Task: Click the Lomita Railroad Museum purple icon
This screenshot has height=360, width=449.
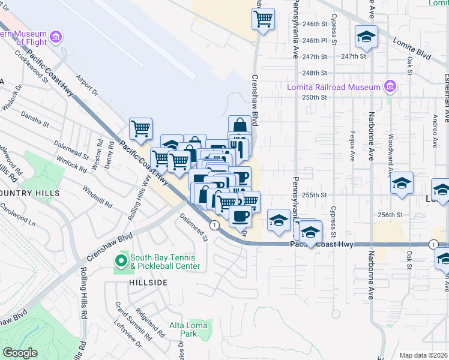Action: pos(391,87)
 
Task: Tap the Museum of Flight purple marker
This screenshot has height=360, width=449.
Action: pos(56,38)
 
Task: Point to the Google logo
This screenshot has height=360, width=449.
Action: pos(19,353)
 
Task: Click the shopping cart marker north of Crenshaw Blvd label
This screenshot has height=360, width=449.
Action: pos(263,19)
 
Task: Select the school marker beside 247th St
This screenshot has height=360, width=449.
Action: pos(366,37)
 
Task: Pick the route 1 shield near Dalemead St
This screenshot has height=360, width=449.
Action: pos(214,224)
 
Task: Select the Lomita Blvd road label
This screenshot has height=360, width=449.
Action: pos(412,48)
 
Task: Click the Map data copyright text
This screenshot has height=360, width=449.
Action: pos(424,355)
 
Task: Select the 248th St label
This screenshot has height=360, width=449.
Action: pos(315,73)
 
